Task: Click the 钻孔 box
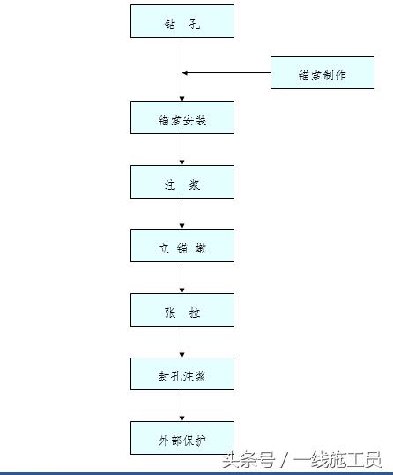point(182,21)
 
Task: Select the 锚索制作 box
point(323,72)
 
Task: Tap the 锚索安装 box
point(182,117)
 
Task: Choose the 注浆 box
point(182,182)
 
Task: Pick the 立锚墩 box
point(182,245)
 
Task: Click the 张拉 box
point(182,310)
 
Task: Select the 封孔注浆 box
point(182,373)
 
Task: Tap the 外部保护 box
point(182,438)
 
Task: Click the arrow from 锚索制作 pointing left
point(226,72)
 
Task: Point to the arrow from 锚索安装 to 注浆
point(182,149)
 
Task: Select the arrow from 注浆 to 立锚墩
point(182,214)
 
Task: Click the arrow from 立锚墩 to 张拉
point(182,277)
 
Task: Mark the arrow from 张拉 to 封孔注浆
point(182,342)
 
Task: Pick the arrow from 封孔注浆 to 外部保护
point(182,405)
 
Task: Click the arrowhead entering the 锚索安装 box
point(182,99)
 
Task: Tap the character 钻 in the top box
point(170,24)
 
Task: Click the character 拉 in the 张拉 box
point(195,313)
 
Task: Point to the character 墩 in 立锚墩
point(201,248)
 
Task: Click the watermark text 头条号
point(249,460)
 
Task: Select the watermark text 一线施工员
point(337,460)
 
